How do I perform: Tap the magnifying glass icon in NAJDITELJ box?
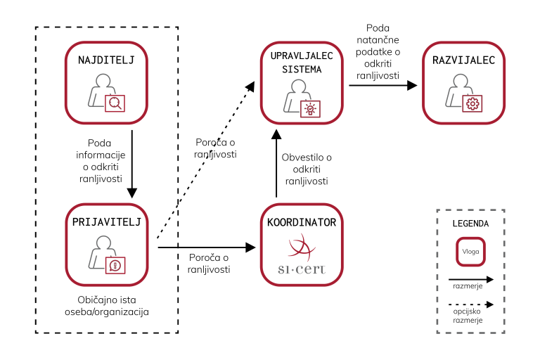(115, 103)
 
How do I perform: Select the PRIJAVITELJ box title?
(107, 222)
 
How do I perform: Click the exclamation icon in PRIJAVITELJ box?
(115, 264)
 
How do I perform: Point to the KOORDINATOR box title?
(302, 222)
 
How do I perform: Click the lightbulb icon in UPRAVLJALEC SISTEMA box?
(310, 108)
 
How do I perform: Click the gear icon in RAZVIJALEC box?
(472, 103)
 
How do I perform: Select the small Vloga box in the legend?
(470, 251)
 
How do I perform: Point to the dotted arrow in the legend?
(470, 305)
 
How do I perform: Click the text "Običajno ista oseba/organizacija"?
(107, 304)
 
